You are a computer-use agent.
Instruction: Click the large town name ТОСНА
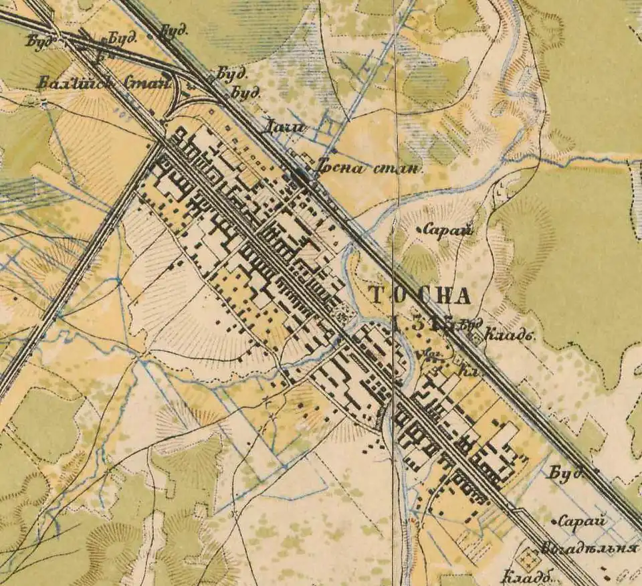point(419,294)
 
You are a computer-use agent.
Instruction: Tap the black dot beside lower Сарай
point(555,520)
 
